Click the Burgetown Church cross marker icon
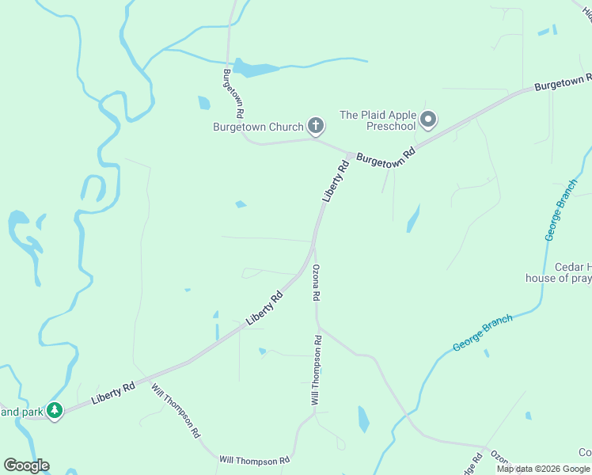point(315,126)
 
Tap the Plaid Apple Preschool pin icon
point(428,120)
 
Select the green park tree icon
point(54,411)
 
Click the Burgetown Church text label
point(258,127)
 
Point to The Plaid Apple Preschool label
point(378,120)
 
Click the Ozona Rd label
point(316,283)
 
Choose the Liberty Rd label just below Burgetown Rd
point(336,181)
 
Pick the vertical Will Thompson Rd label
point(316,370)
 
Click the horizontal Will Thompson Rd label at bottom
point(255,460)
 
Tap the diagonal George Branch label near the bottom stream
point(483,333)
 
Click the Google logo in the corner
point(26,465)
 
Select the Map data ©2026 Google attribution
point(544,469)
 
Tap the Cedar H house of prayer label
point(559,272)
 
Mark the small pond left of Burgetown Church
point(204,103)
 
